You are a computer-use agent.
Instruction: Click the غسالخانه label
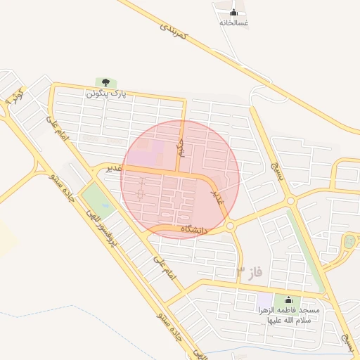pos(233,22)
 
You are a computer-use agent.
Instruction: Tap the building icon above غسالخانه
pos(233,12)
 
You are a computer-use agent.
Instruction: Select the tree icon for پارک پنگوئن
pos(105,83)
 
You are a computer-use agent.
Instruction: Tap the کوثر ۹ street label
pos(14,96)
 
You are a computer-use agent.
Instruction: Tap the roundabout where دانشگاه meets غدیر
pos(231,226)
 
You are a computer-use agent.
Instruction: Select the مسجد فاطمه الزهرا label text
pos(288,315)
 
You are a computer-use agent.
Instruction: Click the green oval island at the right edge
pos(349,242)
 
